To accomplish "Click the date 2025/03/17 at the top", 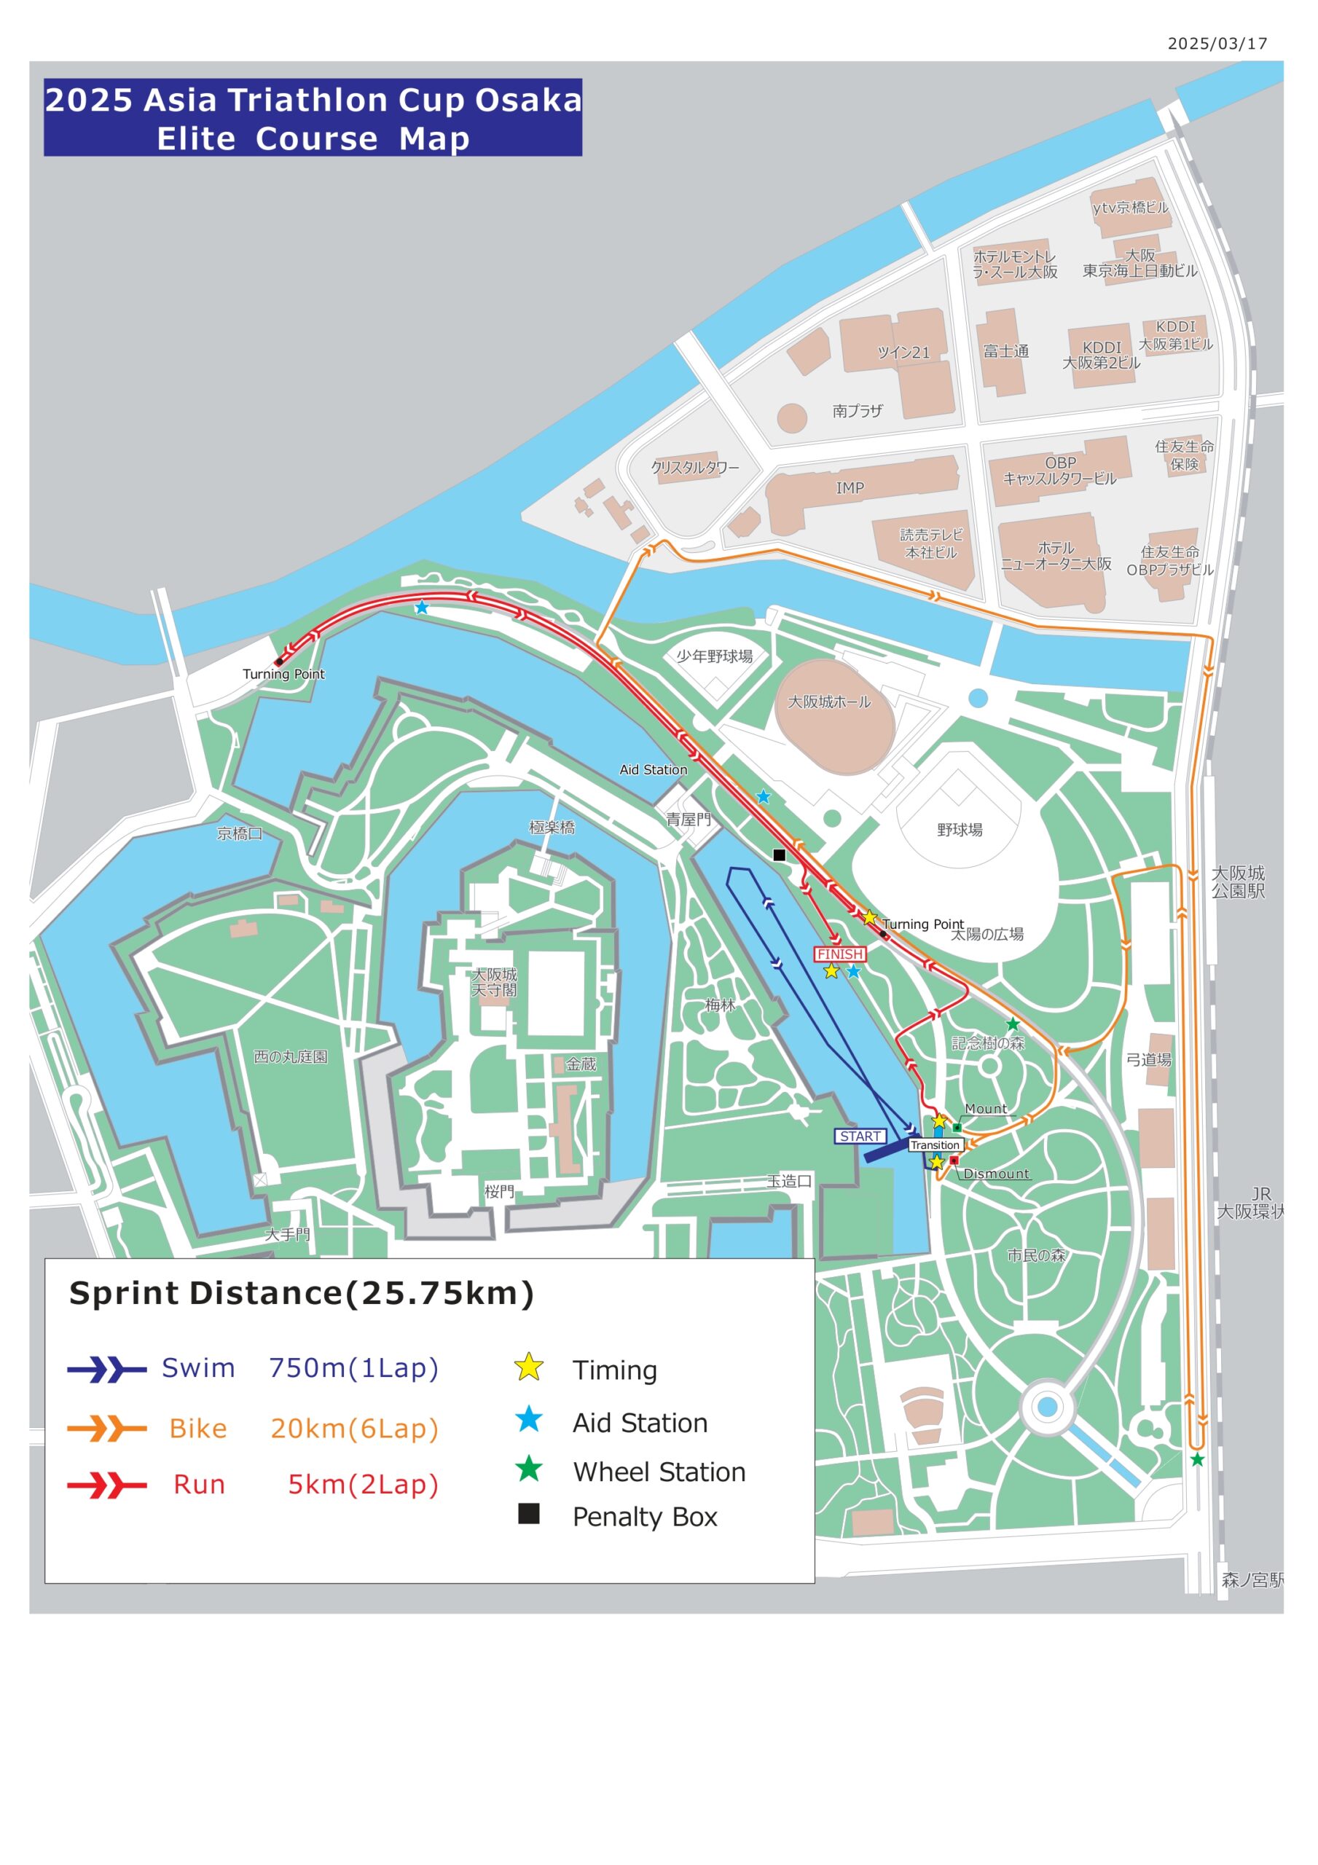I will pyautogui.click(x=1217, y=44).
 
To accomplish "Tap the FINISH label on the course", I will pyautogui.click(x=839, y=954).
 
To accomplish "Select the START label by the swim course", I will pyautogui.click(x=860, y=1136).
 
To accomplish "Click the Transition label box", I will pyautogui.click(x=935, y=1144).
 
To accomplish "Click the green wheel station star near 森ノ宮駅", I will pyautogui.click(x=1197, y=1460).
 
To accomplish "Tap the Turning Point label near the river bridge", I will pyautogui.click(x=283, y=673).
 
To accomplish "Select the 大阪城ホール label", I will pyautogui.click(x=829, y=701).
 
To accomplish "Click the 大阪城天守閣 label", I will pyautogui.click(x=494, y=982).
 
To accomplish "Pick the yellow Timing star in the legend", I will pyautogui.click(x=529, y=1367).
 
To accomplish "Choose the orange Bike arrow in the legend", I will pyautogui.click(x=106, y=1428).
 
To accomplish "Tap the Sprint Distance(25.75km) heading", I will pyautogui.click(x=302, y=1293).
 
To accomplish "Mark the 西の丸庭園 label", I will pyautogui.click(x=290, y=1057).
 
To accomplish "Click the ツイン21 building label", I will pyautogui.click(x=903, y=353).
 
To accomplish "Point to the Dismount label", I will pyautogui.click(x=995, y=1174).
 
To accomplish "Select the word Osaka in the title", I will pyautogui.click(x=528, y=100).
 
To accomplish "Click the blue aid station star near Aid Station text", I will pyautogui.click(x=763, y=797).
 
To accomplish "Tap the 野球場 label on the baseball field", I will pyautogui.click(x=960, y=829).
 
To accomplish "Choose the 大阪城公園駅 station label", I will pyautogui.click(x=1238, y=882).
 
